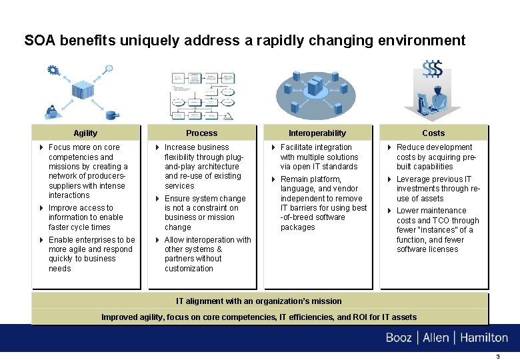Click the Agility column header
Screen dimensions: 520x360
[x=85, y=133]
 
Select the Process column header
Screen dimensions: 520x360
[x=201, y=133]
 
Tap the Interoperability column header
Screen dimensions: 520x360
[x=317, y=133]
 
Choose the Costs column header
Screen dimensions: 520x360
[x=433, y=133]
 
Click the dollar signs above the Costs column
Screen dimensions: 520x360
[x=433, y=69]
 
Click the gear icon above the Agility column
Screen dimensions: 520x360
[x=53, y=70]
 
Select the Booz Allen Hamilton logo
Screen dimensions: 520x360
[x=447, y=338]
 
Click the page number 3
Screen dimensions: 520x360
[x=497, y=356]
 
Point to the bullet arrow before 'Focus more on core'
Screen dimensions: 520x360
[x=41, y=147]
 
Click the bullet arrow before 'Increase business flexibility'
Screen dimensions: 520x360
[x=157, y=147]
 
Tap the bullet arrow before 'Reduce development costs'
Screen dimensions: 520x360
[x=389, y=147]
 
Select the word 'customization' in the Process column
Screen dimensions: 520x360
[x=189, y=269]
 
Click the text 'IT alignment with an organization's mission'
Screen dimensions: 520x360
[x=259, y=301]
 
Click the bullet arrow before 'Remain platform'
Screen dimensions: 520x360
[x=273, y=179]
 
